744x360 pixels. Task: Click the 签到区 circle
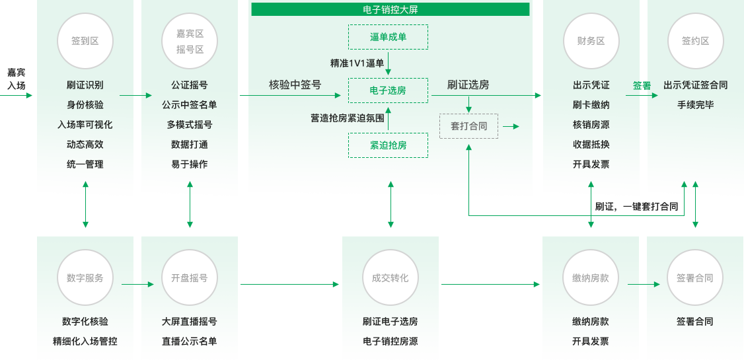[85, 41]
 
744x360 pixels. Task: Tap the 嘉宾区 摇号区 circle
[190, 41]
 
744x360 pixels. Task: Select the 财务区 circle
[591, 41]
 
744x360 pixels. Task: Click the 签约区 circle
[695, 41]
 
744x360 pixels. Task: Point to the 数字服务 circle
[85, 278]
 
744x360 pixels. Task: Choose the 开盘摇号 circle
[190, 278]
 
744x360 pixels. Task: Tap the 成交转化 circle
[390, 278]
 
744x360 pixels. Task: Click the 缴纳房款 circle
[591, 278]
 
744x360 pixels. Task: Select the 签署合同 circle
[695, 278]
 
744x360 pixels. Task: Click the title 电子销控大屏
[390, 10]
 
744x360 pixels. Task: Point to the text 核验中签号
[295, 85]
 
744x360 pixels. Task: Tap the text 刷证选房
[468, 85]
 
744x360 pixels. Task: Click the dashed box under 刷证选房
[468, 126]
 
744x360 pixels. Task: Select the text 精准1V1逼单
[357, 63]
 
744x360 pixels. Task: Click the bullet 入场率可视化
[85, 125]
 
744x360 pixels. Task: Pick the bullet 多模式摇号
[190, 125]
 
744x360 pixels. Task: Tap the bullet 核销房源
[591, 125]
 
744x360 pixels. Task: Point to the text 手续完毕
[695, 105]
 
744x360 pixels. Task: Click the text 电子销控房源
[390, 342]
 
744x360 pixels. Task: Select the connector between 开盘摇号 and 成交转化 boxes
[289, 284]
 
